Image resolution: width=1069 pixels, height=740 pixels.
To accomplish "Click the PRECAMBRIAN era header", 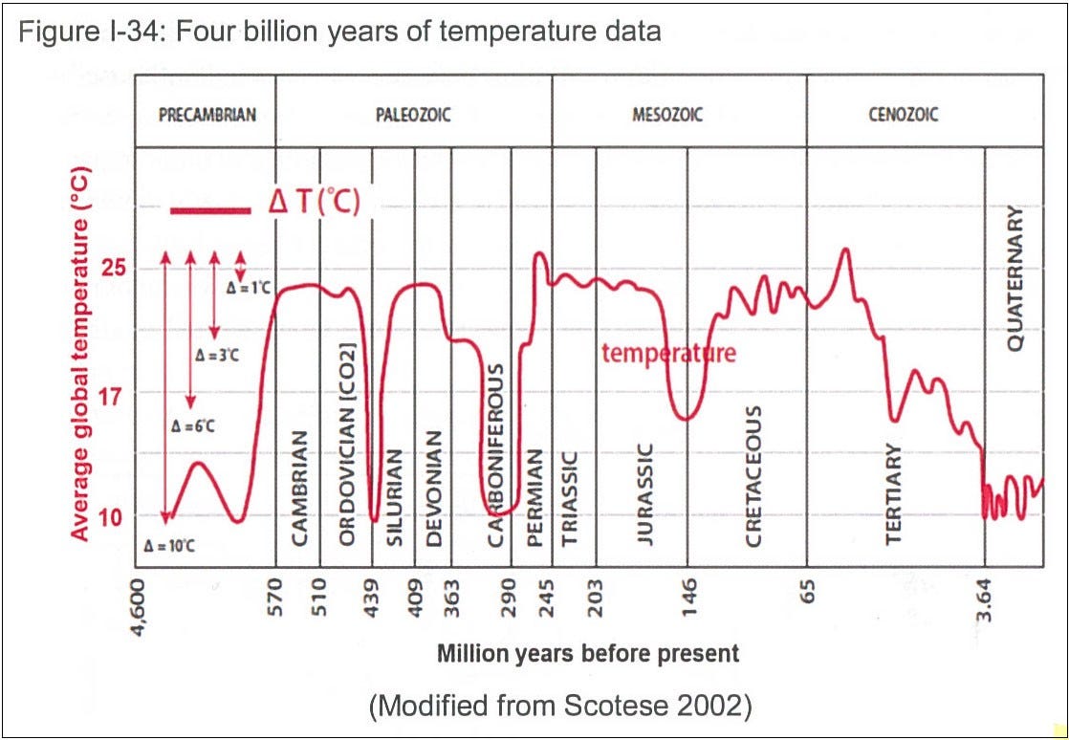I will pos(207,115).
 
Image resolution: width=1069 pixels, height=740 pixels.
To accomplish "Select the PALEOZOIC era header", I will pos(413,115).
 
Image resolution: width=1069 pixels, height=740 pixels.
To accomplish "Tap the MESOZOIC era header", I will pos(667,115).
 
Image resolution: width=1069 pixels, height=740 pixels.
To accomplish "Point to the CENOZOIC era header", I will pos(904,115).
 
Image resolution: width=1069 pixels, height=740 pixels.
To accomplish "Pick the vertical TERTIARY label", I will pos(894,493).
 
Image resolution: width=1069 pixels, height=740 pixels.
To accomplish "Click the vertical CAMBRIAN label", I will pos(300,488).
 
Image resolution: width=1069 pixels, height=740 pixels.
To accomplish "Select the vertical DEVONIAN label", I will pos(435,488).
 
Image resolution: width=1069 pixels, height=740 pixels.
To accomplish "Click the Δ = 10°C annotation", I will pos(170,547).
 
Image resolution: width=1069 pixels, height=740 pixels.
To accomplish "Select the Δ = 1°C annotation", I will pos(248,287).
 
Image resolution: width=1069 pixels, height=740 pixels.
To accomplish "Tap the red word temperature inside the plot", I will pos(668,353).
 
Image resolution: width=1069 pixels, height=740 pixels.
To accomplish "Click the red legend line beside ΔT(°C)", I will pos(209,209).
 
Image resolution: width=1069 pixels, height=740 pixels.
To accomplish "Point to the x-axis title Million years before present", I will pos(588,654).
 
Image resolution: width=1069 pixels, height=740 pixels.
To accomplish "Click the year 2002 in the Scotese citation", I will pos(720,707).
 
